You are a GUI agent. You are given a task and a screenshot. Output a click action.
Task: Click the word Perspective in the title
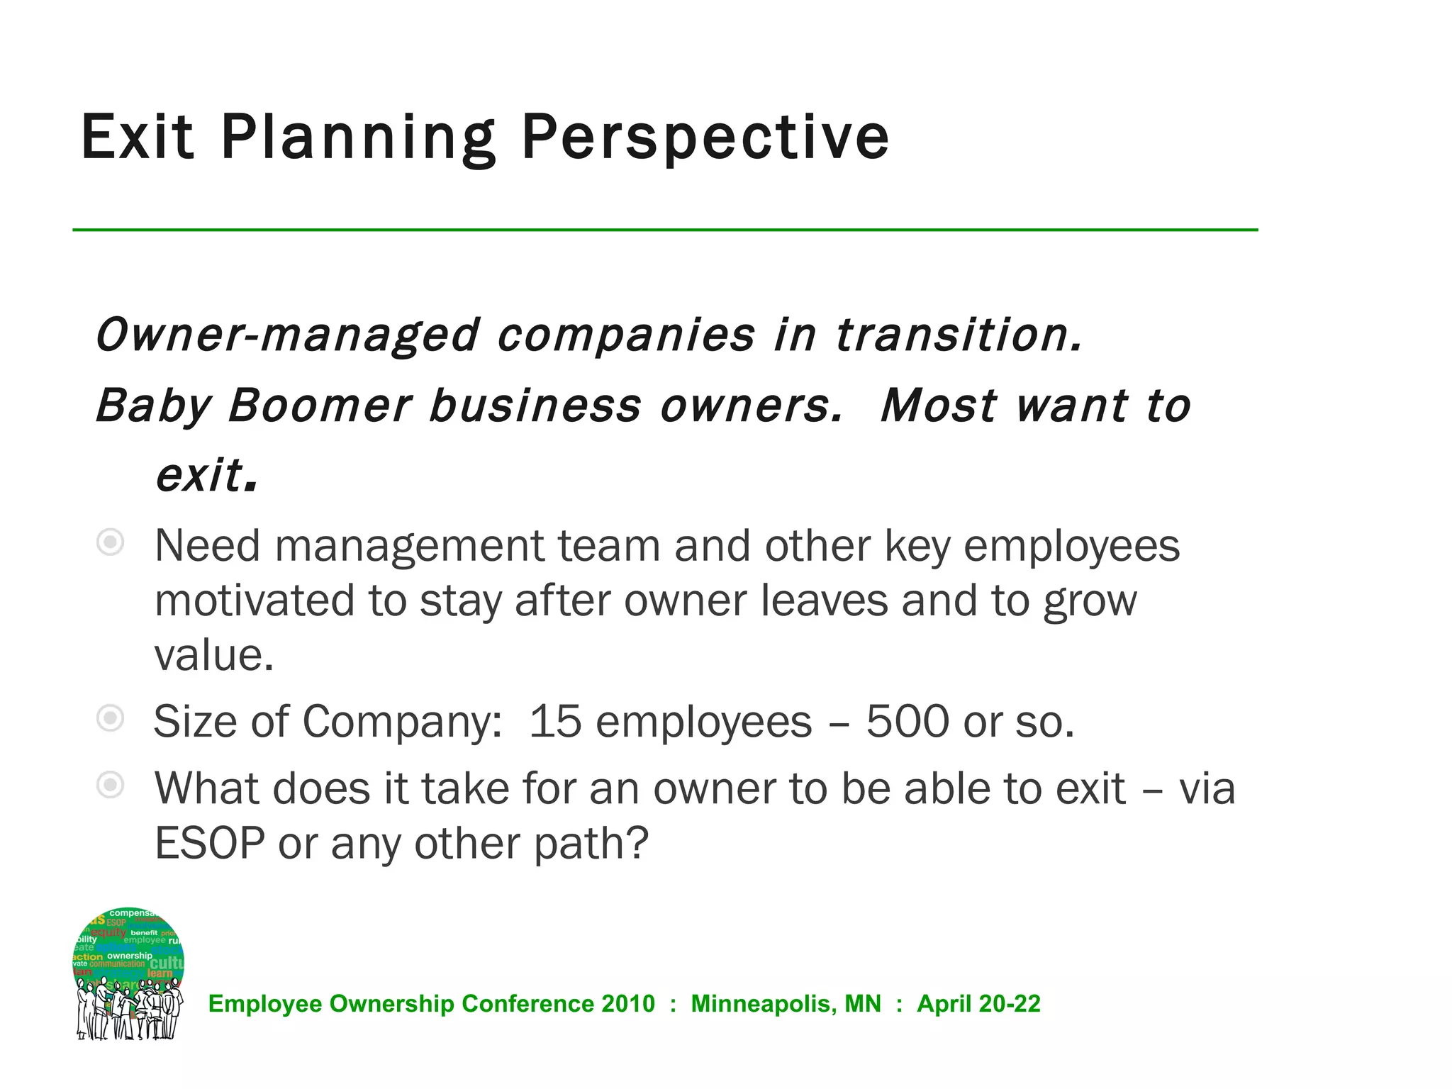point(705,138)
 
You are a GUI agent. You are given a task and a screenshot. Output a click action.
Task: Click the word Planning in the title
point(358,138)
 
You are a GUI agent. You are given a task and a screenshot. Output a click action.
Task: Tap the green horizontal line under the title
point(665,230)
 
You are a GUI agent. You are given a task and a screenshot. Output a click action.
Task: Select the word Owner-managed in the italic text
point(287,335)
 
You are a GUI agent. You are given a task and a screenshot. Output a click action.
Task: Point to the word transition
point(959,335)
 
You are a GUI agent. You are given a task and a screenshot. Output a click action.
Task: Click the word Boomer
point(320,406)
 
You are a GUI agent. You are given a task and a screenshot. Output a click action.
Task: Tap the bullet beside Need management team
point(111,543)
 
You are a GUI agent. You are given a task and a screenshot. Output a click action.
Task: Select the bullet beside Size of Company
point(111,719)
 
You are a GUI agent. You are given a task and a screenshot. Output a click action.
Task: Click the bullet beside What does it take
point(111,786)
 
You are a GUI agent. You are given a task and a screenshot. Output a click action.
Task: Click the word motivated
point(255,601)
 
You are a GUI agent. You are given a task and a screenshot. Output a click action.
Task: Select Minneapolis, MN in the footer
point(786,1004)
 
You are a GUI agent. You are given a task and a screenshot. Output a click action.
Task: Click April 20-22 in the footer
point(978,1004)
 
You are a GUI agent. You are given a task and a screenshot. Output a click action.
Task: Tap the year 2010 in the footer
point(628,1004)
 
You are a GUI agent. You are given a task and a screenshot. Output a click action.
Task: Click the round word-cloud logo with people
point(129,973)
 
